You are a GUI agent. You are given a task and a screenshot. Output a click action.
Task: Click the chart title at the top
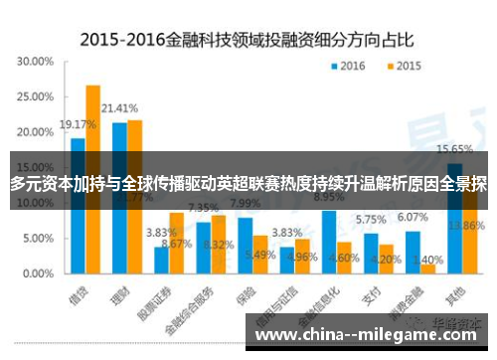[x=248, y=41]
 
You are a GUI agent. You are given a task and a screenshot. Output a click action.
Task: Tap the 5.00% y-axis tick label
[x=37, y=239]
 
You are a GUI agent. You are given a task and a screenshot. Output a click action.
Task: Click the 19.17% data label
[x=77, y=125]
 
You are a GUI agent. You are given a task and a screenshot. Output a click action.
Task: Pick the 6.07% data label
[x=412, y=218]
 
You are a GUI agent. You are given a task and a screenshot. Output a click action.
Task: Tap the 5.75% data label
[x=370, y=220]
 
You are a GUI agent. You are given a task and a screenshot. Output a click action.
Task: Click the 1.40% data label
[x=435, y=257]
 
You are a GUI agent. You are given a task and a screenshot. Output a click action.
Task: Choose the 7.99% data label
[x=245, y=204]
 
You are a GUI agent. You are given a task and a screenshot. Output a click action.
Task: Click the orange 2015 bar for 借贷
[x=92, y=179]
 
